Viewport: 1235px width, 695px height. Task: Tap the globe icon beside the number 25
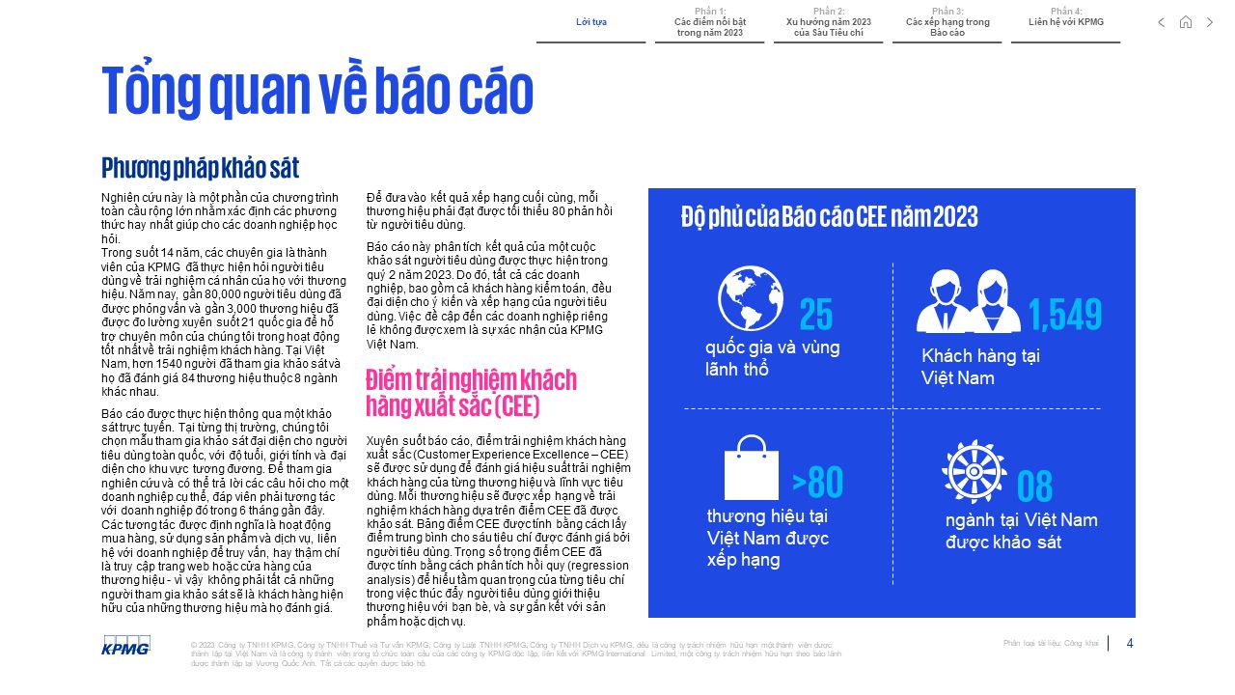[x=751, y=298]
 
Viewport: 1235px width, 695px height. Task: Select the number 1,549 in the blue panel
[x=1065, y=315]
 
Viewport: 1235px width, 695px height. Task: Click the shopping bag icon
[x=751, y=468]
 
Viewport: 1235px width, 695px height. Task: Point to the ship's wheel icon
[x=974, y=471]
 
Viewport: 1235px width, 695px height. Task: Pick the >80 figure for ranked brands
[x=817, y=482]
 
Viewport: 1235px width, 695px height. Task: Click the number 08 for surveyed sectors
[x=1034, y=487]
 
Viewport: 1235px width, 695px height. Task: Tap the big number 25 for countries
[x=815, y=315]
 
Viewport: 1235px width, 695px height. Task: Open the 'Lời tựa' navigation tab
[x=590, y=21]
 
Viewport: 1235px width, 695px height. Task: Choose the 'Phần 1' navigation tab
[x=709, y=22]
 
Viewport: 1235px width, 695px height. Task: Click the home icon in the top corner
[x=1186, y=22]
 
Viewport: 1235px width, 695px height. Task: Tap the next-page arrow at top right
[x=1210, y=22]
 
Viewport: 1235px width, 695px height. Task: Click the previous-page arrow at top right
[x=1162, y=22]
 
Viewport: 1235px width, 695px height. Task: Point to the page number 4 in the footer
[x=1130, y=643]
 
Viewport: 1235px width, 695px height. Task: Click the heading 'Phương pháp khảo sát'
[x=200, y=168]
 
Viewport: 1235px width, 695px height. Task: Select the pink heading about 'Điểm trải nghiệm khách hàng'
[x=471, y=391]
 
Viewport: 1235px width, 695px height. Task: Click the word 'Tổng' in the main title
[x=152, y=92]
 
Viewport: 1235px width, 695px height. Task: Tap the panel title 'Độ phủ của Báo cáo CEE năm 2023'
[x=829, y=216]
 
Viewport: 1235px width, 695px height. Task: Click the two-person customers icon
[x=968, y=301]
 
